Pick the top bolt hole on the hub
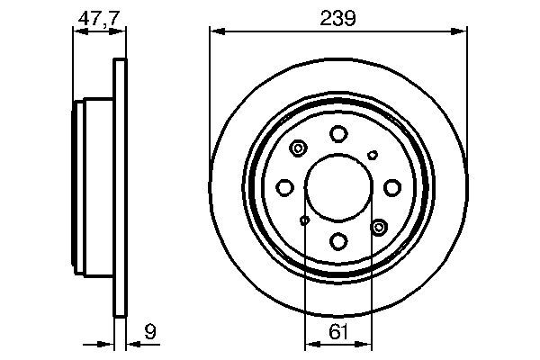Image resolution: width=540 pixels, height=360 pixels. [x=338, y=134]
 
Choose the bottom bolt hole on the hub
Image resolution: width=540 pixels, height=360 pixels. [x=338, y=241]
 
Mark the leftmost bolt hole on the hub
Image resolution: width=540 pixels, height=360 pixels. [x=284, y=187]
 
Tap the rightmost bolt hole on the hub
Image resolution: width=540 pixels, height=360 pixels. [x=392, y=187]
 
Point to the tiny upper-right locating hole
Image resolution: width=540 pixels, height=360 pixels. [x=372, y=155]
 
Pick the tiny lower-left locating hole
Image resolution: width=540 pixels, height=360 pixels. [x=305, y=220]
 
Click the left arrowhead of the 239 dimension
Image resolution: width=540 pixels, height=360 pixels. [x=214, y=31]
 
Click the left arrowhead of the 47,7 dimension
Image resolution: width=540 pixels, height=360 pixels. [x=76, y=31]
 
